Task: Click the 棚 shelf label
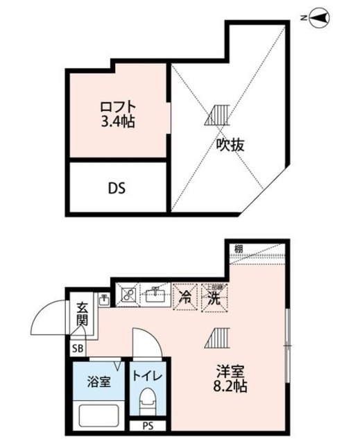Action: (x=239, y=248)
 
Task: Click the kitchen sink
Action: (x=154, y=296)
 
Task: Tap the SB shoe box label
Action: (x=76, y=348)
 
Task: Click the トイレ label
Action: (x=147, y=377)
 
